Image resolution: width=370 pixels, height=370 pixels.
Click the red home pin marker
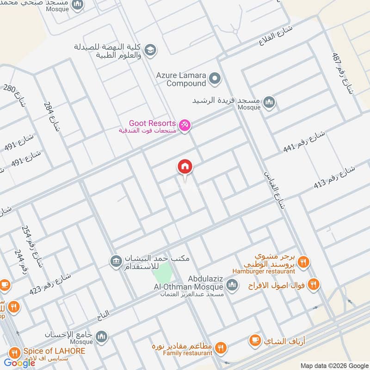point(185,167)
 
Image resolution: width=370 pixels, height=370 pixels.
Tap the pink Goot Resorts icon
point(185,125)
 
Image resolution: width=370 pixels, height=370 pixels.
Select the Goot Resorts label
point(152,123)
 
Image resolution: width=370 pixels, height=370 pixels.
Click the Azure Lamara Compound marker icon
point(214,79)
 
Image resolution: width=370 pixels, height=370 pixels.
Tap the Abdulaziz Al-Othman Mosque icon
point(232,284)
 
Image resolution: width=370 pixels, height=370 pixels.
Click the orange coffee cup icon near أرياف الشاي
point(254,341)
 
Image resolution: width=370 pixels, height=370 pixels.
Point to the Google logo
point(19,363)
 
